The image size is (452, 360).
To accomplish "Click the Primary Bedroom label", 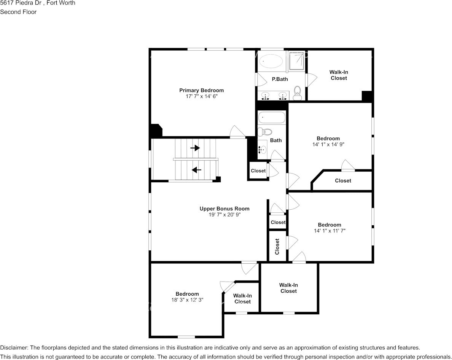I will [x=201, y=90].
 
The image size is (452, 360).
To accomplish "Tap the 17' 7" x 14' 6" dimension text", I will [x=201, y=96].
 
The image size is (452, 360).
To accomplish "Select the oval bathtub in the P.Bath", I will [x=271, y=61].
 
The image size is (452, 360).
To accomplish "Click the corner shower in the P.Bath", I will [x=296, y=61].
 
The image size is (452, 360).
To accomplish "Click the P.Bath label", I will [x=280, y=79].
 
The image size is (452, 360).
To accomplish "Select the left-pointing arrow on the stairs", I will [x=196, y=169].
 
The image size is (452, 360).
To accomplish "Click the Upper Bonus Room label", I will [x=224, y=209].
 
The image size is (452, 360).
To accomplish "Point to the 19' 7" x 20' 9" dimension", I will [x=224, y=215].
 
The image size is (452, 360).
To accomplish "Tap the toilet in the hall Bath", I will [x=265, y=132].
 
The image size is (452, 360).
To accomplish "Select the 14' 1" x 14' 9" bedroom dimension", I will [x=328, y=144].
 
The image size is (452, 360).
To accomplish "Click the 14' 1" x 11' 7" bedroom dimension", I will [x=329, y=231].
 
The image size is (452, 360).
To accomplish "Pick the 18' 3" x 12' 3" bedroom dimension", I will [x=187, y=300].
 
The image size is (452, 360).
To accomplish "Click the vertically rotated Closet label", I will [x=277, y=246].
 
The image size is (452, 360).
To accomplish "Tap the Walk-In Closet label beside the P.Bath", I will [x=339, y=75].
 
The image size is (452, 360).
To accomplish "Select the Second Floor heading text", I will [x=18, y=12].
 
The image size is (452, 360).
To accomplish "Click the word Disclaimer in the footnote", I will [x=13, y=347].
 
